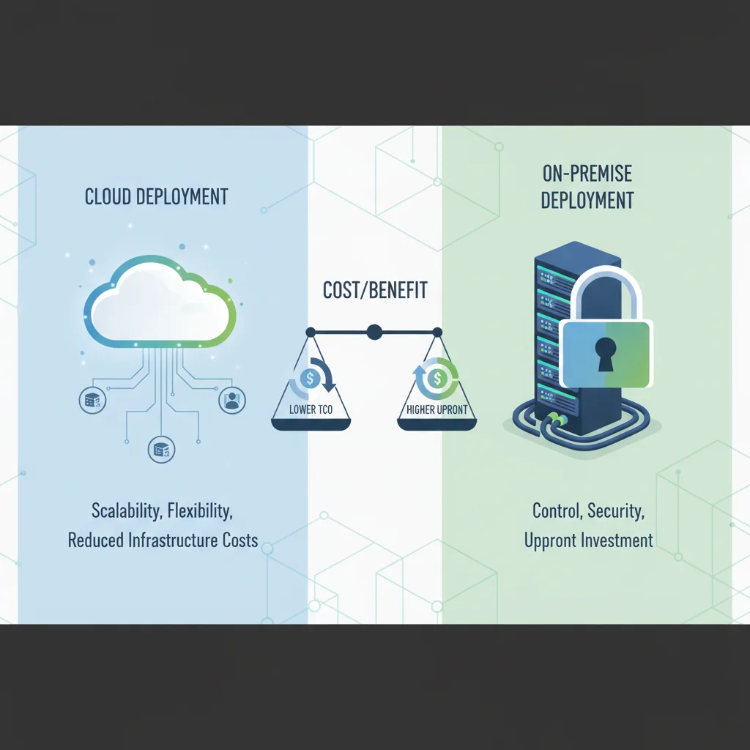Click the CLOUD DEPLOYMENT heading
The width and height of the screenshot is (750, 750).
[x=157, y=196]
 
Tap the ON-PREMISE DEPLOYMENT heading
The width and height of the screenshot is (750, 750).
[x=587, y=187]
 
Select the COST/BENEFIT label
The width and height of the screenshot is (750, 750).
[x=375, y=290]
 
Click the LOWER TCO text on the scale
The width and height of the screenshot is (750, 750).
[x=311, y=409]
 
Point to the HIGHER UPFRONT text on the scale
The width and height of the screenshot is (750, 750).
[x=437, y=409]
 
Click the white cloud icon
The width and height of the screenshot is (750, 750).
[x=160, y=302]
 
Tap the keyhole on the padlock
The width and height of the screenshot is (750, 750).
[x=605, y=354]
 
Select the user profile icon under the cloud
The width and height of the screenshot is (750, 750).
[x=232, y=401]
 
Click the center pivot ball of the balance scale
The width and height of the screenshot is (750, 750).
[x=374, y=332]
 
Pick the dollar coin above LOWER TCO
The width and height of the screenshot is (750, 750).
[x=310, y=379]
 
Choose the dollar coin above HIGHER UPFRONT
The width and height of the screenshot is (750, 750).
[x=437, y=379]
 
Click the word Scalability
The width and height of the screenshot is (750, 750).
[x=126, y=510]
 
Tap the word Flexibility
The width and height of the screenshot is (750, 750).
[x=200, y=510]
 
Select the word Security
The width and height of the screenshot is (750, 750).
[x=616, y=510]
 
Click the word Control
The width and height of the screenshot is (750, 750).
[x=557, y=510]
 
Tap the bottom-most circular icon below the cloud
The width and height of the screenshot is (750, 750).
[x=161, y=450]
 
